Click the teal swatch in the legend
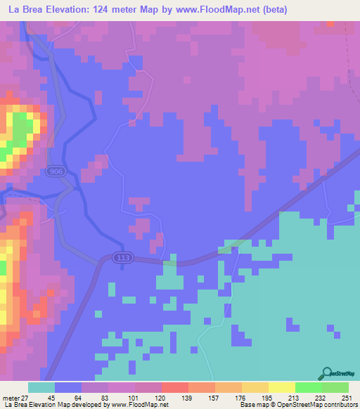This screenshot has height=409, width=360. (41, 388)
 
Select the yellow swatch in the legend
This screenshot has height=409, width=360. (281, 388)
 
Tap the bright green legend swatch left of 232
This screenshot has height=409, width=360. (308, 388)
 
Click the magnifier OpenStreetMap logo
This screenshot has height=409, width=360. (327, 374)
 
